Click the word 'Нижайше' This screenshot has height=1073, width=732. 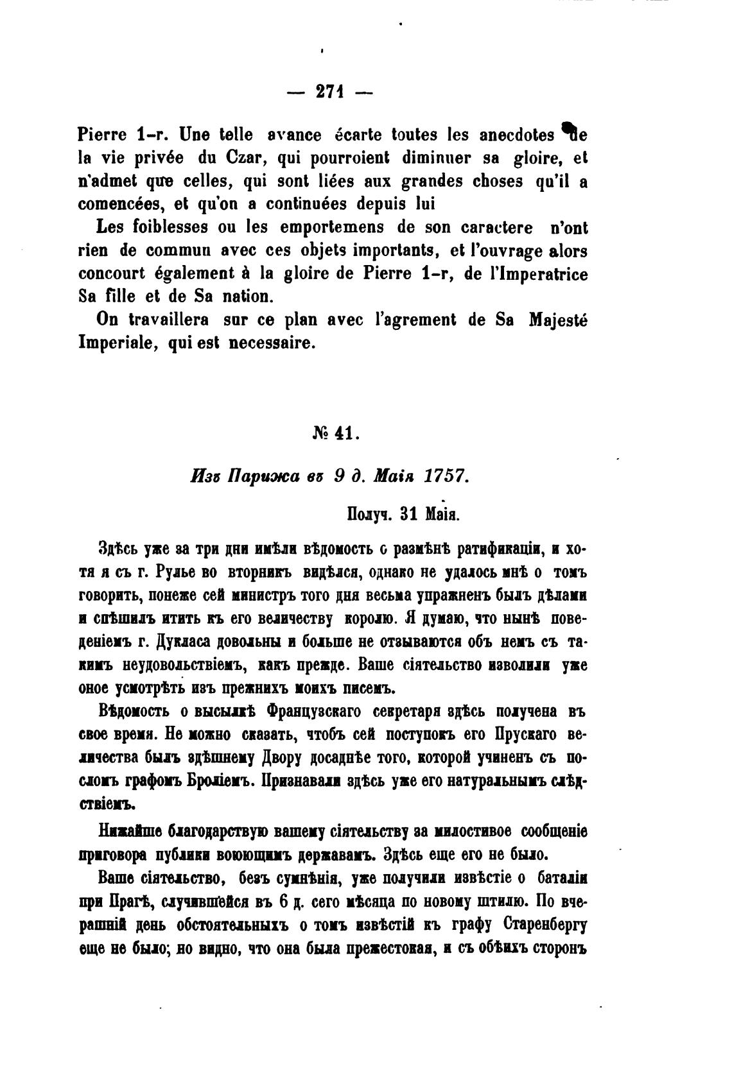point(130,832)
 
